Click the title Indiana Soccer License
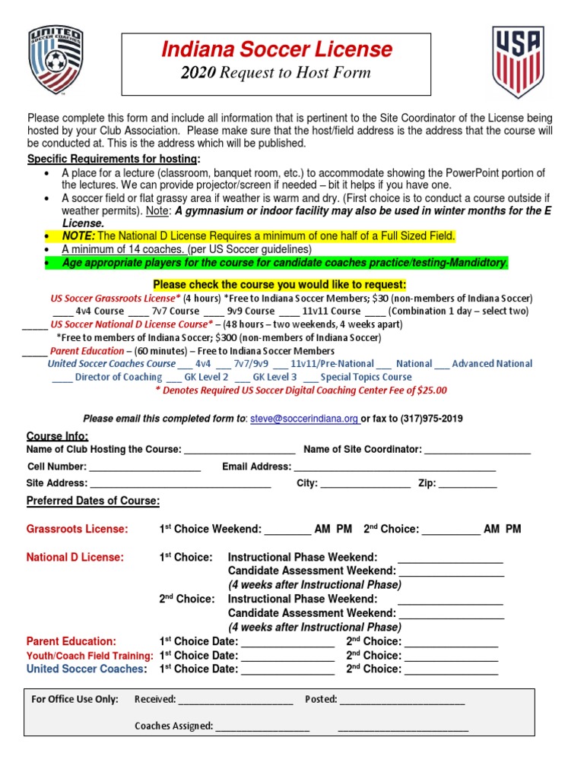(277, 50)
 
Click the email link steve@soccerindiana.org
(304, 419)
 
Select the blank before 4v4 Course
(62, 312)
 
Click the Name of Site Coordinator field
(477, 451)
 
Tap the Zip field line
(468, 484)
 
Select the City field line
(365, 484)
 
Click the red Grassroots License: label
(78, 529)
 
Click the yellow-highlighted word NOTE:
(78, 236)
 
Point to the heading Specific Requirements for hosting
(114, 159)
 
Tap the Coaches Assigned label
(173, 726)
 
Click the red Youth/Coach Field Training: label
(90, 655)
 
